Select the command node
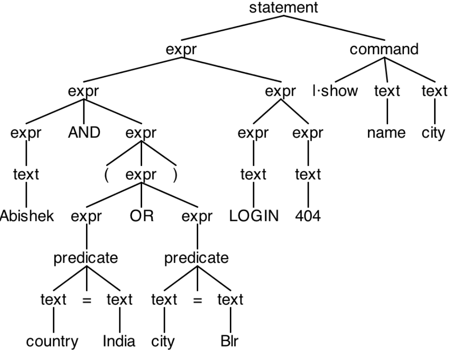coord(384,50)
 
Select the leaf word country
coord(53,341)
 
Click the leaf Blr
coord(230,341)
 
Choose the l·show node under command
coord(335,91)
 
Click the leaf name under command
coord(386,133)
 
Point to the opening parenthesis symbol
coord(107,175)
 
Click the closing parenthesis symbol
coord(175,175)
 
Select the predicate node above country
coord(86,258)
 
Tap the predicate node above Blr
coord(196,258)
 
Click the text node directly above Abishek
coord(26,175)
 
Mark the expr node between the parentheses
coord(140,175)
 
